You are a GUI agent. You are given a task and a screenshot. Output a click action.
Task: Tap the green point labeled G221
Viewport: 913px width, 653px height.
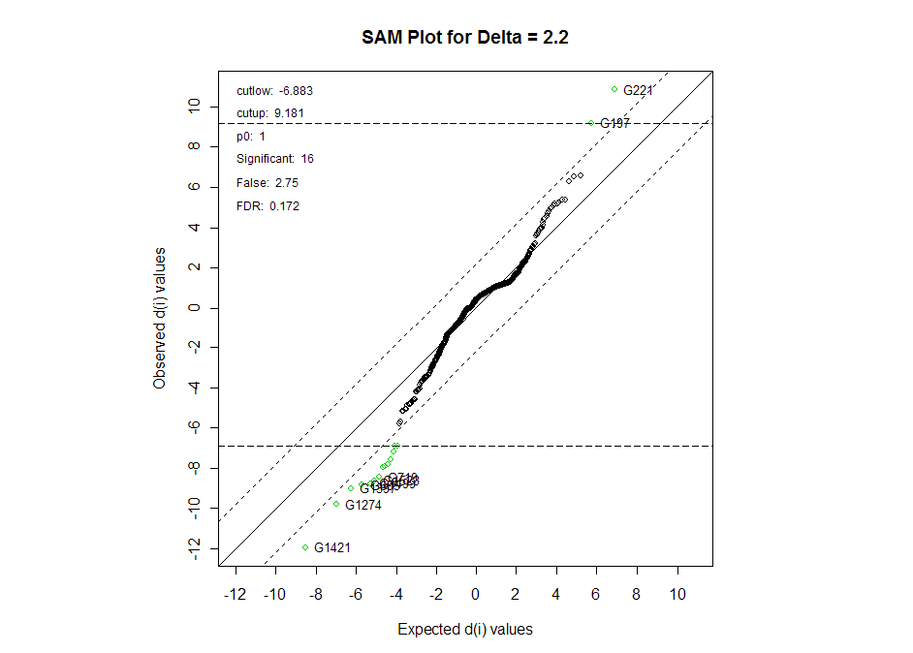tap(614, 89)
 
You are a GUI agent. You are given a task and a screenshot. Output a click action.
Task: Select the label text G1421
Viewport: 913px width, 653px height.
tap(332, 547)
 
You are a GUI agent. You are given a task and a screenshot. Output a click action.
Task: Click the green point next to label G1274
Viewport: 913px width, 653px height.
tap(336, 504)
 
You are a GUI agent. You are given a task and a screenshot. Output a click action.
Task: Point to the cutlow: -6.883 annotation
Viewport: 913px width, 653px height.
tap(274, 91)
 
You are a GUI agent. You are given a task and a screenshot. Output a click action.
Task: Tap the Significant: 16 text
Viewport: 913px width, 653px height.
tap(275, 159)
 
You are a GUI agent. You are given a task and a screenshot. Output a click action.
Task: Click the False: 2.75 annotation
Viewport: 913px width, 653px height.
tap(261, 182)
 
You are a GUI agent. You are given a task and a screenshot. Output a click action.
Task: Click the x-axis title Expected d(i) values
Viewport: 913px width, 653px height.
tap(465, 629)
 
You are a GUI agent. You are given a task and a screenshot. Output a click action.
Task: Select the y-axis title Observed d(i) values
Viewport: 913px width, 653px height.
tap(159, 318)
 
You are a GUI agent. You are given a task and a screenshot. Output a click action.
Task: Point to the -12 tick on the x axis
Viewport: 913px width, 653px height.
tap(235, 594)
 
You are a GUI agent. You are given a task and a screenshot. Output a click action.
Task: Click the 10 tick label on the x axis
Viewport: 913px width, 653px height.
tap(677, 594)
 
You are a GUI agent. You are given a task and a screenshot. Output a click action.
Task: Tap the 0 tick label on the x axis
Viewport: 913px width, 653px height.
tap(476, 594)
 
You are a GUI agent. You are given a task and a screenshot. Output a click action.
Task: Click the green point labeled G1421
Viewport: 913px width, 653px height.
tap(305, 547)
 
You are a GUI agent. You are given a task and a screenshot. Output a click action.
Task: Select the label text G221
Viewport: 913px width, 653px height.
tap(639, 91)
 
